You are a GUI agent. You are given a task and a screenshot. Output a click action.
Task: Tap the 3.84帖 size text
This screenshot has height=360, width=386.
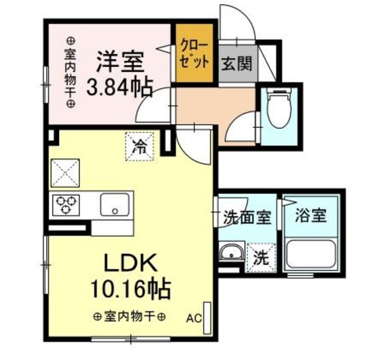(x=119, y=89)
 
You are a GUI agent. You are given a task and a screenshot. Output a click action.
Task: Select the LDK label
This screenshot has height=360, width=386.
(x=131, y=263)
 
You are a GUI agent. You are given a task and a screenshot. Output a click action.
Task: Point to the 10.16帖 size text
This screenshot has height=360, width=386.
(x=131, y=288)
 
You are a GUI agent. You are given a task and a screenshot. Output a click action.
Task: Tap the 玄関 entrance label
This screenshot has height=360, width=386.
(x=238, y=62)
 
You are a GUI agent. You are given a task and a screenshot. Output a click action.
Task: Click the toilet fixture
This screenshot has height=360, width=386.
(x=278, y=109)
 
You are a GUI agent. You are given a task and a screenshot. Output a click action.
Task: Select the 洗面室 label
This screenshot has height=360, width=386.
(x=246, y=216)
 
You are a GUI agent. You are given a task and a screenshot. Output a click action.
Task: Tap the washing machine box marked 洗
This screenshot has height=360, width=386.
(x=262, y=258)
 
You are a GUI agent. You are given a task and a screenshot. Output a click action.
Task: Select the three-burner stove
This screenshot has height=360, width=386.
(x=65, y=206)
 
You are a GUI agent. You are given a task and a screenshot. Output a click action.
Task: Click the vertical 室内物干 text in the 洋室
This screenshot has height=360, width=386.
(x=70, y=71)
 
